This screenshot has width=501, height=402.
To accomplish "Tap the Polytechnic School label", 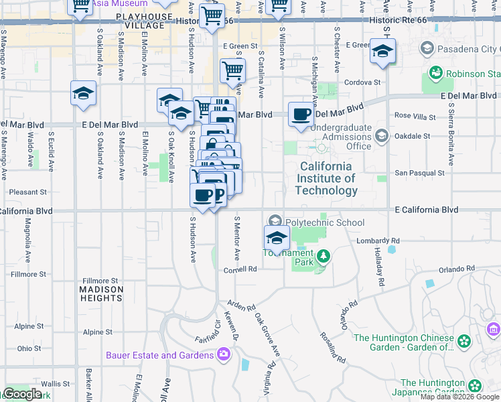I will click(325, 222).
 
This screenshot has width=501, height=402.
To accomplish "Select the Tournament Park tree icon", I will click(324, 256).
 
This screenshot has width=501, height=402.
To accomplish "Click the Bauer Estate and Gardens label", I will click(160, 355).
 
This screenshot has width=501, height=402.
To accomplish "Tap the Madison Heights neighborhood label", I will click(102, 293).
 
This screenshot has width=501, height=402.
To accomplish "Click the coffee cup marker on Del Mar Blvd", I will click(301, 114).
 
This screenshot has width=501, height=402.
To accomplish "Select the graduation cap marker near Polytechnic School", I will click(276, 237).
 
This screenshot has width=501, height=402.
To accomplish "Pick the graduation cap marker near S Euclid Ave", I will click(83, 93).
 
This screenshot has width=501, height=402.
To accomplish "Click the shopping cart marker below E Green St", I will click(232, 70).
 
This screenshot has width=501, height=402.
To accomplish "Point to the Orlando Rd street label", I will click(457, 269).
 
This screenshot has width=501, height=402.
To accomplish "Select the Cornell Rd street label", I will click(240, 269).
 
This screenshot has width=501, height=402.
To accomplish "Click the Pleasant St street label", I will click(27, 192).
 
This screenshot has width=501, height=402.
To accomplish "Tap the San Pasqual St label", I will click(419, 173).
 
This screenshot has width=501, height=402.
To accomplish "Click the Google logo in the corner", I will click(23, 394).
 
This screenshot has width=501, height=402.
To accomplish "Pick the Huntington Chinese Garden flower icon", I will click(463, 343).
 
